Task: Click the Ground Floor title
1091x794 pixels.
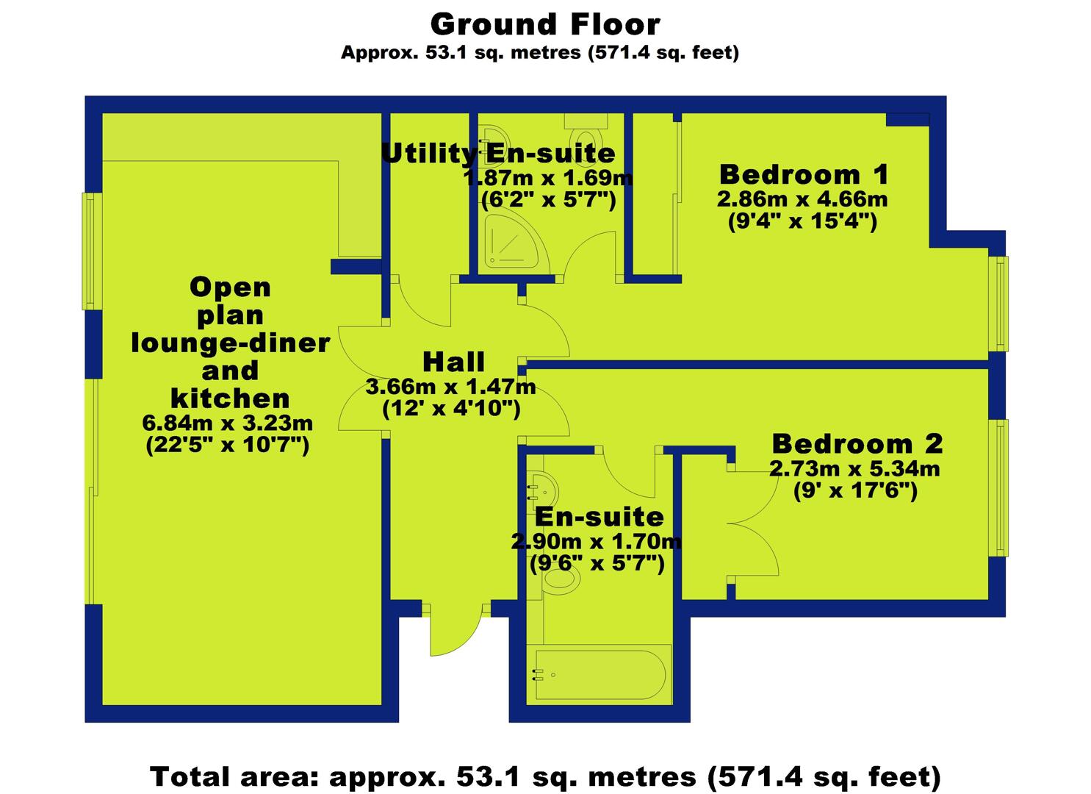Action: pyautogui.click(x=545, y=24)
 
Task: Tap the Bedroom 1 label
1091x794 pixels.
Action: pyautogui.click(x=804, y=174)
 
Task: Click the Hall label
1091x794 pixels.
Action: pyautogui.click(x=453, y=362)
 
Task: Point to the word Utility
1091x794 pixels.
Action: pyautogui.click(x=428, y=154)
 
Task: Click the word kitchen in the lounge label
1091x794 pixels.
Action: pyautogui.click(x=230, y=398)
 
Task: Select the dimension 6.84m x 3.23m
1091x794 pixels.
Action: pyautogui.click(x=228, y=423)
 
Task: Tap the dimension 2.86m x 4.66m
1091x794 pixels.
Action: pyautogui.click(x=802, y=199)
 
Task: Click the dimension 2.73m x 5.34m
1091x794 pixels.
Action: pyautogui.click(x=854, y=469)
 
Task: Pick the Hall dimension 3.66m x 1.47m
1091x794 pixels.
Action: pyautogui.click(x=450, y=387)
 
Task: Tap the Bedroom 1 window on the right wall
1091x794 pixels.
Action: pyautogui.click(x=999, y=303)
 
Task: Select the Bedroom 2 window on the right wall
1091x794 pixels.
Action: pyautogui.click(x=999, y=487)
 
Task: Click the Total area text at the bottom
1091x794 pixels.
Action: pyautogui.click(x=545, y=776)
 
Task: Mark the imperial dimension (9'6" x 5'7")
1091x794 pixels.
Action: pyautogui.click(x=597, y=564)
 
